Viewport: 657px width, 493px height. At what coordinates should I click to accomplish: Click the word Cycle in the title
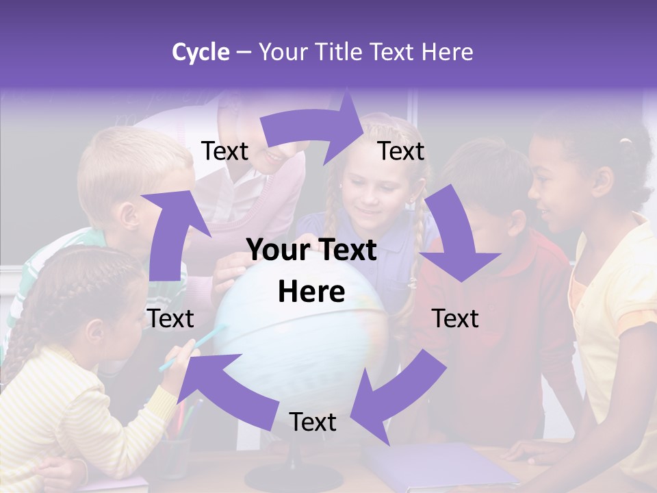pos(201,52)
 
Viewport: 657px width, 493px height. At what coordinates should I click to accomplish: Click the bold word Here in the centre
pos(311,292)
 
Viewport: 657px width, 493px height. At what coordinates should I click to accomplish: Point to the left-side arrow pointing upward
pos(167,233)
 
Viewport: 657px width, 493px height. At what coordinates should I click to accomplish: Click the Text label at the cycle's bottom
pos(313,422)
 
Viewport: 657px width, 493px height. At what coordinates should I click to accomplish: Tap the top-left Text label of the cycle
pos(224,151)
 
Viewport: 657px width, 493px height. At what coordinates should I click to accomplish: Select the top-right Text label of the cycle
pos(401,151)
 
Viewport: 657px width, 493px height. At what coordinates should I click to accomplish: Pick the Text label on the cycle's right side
pos(455,318)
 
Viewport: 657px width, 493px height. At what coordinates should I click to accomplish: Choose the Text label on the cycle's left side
pos(170,318)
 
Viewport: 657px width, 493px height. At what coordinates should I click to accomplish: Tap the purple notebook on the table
pos(438,466)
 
